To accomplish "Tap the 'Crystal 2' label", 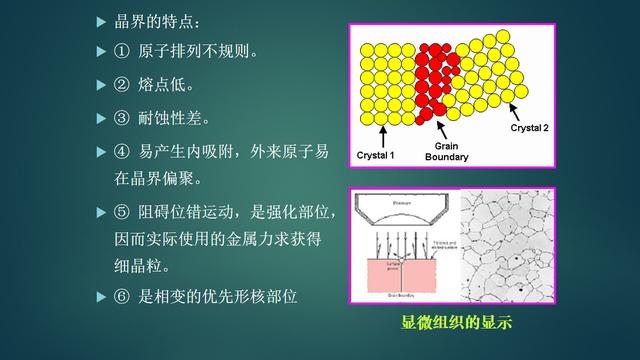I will [x=530, y=128].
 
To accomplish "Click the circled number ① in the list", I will [x=120, y=51].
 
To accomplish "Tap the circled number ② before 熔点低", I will [x=120, y=84].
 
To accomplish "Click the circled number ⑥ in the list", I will [x=120, y=296].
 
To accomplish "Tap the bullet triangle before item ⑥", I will [x=99, y=296].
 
